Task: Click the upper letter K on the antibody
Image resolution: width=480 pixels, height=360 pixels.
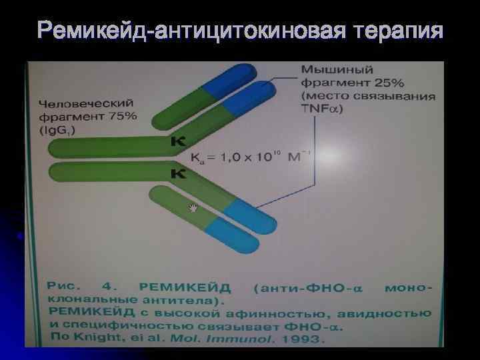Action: (178, 141)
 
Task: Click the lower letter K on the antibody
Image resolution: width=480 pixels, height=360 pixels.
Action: (178, 175)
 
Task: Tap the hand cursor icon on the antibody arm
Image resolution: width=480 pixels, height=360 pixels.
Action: (194, 208)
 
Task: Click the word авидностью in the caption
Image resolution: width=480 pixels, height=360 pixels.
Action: (387, 313)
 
